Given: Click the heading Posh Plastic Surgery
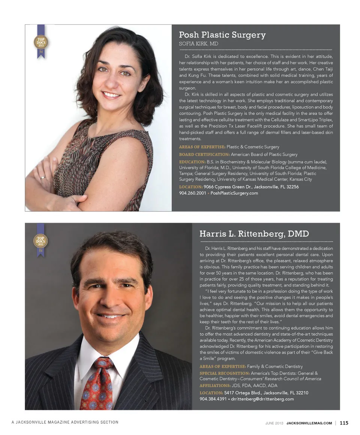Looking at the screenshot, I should [222, 35].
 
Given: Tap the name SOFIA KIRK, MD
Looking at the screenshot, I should [198, 44].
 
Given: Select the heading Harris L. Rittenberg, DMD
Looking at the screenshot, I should [254, 234].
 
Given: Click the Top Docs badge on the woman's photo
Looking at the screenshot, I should [40, 42].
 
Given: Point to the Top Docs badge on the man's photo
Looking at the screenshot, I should [40, 240].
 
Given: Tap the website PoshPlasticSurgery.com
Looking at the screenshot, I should [234, 193].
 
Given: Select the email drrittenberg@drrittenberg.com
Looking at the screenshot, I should [262, 399].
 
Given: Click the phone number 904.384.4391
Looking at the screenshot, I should [213, 399].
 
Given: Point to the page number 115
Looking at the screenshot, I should [344, 423].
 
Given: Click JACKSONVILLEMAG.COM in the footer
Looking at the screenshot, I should [309, 423].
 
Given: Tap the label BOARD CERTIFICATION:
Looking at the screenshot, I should [204, 154].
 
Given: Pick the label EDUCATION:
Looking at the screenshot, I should [192, 162].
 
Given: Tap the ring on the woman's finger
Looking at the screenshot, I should [42, 177].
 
